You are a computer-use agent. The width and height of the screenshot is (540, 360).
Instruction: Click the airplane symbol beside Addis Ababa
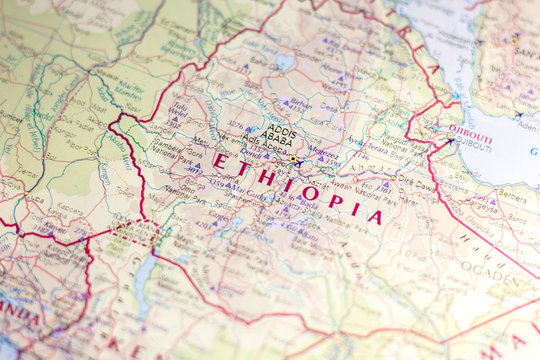coord(298,162)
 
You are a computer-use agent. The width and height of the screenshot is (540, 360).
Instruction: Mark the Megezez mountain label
coord(323,153)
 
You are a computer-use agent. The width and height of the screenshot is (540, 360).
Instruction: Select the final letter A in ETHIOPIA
coord(374,216)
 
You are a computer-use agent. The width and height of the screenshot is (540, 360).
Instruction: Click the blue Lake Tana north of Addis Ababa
coord(286,62)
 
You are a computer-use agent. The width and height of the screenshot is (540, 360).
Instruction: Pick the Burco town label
coord(517,215)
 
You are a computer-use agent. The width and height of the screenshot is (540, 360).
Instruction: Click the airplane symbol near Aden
coord(517,115)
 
